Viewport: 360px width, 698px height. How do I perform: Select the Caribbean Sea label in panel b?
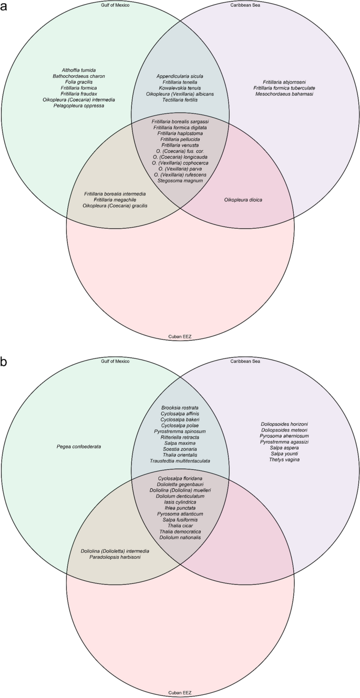tap(245, 361)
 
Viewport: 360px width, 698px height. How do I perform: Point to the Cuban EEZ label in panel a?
tap(180, 336)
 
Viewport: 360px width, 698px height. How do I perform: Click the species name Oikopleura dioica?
tap(243, 200)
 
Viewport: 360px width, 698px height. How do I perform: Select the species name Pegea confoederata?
tap(79, 447)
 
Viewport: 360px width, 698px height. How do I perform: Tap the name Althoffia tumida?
tap(79, 69)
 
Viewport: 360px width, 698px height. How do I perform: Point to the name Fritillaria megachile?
tap(115, 200)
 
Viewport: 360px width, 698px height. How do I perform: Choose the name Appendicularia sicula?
tap(180, 76)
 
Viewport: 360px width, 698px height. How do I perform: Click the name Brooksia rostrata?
tap(180, 407)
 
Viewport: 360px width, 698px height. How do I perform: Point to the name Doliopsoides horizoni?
tap(284, 424)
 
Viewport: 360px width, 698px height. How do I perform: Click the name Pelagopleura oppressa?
tap(79, 106)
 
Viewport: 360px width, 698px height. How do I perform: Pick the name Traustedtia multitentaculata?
tap(180, 461)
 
